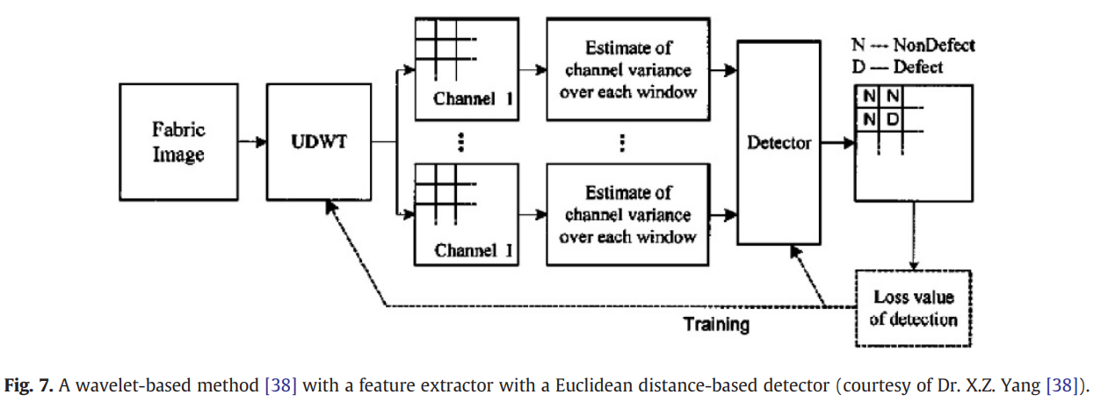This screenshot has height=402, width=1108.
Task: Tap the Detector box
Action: point(778,142)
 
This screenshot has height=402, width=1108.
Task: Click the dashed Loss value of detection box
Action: point(913,307)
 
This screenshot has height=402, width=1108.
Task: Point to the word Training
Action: point(717,325)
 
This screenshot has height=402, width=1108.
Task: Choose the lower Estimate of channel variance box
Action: point(626,214)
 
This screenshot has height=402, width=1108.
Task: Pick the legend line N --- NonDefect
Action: point(913,45)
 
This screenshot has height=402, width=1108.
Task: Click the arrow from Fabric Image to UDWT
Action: point(251,142)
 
